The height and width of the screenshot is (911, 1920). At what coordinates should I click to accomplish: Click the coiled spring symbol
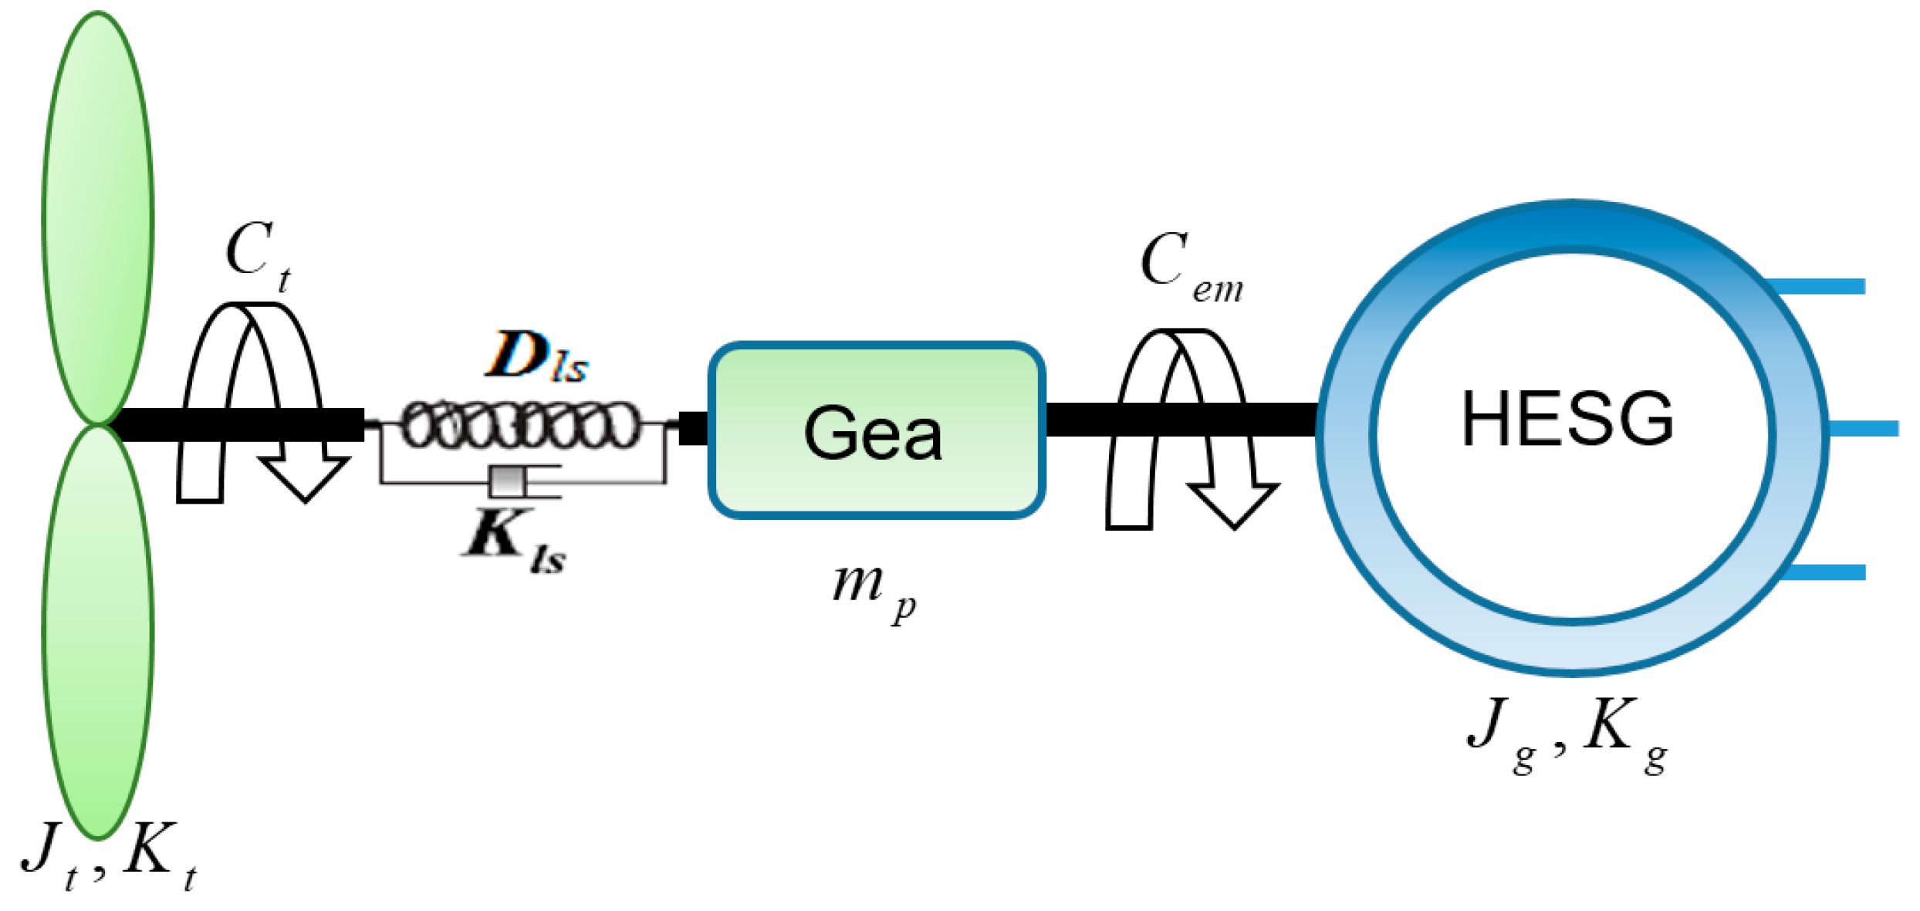522,424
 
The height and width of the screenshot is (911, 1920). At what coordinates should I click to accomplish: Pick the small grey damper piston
507,481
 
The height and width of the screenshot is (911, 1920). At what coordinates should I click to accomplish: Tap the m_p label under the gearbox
872,590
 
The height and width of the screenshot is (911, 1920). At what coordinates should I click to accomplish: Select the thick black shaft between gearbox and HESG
1181,419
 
